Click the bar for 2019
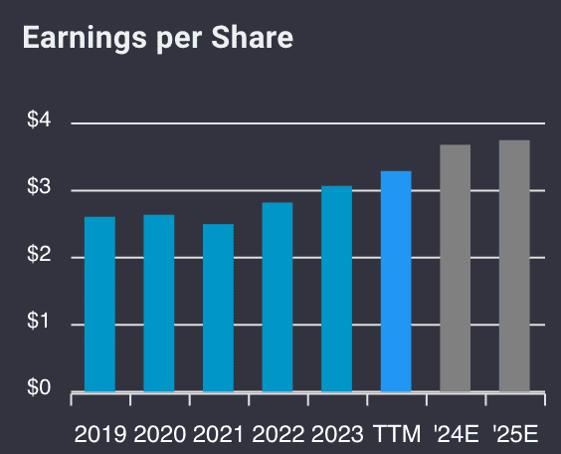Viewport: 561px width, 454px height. pos(99,304)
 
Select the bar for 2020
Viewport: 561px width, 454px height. pos(159,303)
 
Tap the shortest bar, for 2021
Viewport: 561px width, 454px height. pos(218,308)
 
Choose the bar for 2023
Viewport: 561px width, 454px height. pos(336,289)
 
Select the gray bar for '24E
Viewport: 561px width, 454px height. pos(455,268)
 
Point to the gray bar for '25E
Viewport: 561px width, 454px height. pos(514,266)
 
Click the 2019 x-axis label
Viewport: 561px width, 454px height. pos(100,434)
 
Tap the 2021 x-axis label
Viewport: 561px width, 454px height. pos(218,434)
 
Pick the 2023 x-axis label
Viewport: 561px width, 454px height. pos(336,434)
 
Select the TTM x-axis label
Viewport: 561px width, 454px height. pos(396,434)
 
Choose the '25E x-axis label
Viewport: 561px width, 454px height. pos(514,434)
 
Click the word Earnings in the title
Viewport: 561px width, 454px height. pos(75,39)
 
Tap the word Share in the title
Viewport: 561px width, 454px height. pos(256,39)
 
